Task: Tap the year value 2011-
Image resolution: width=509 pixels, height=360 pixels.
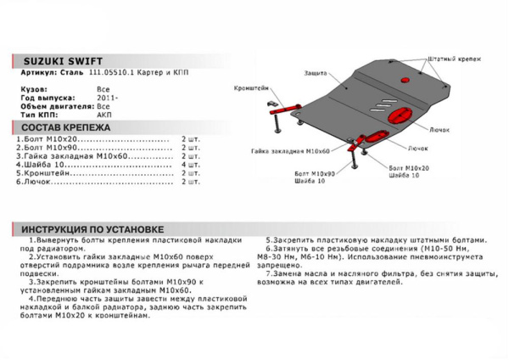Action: click(x=107, y=98)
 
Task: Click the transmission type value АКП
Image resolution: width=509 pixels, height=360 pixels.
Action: click(x=104, y=113)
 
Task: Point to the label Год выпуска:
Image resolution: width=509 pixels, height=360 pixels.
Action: click(x=42, y=98)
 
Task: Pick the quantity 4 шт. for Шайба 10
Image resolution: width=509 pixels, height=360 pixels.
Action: click(x=190, y=165)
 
